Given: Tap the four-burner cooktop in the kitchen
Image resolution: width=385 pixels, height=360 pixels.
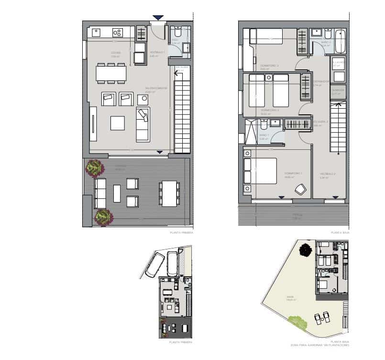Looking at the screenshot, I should (x=117, y=33).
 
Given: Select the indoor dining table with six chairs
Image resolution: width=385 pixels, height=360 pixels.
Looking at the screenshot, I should (x=111, y=73).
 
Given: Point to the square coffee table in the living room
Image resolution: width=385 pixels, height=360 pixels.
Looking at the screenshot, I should (x=117, y=123).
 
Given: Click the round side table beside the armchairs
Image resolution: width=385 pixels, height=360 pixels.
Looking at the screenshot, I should (x=142, y=99).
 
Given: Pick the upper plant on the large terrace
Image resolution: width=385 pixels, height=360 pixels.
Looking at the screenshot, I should (x=95, y=168).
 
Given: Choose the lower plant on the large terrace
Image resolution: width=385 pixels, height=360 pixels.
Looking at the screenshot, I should (x=103, y=217).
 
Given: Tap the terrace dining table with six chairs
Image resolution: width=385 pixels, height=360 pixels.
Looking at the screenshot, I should (x=170, y=193).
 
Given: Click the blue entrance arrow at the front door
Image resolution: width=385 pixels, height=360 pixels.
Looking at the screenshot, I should (x=158, y=18).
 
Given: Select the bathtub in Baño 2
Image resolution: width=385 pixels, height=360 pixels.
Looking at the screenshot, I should (x=340, y=42).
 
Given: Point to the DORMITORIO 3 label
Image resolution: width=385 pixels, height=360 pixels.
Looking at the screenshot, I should (x=270, y=66).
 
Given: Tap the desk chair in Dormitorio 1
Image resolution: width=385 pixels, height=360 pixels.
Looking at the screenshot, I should (x=300, y=189).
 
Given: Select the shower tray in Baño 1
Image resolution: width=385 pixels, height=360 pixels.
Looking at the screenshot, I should (x=251, y=132).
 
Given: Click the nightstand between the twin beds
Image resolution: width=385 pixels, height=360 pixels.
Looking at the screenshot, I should (x=269, y=77).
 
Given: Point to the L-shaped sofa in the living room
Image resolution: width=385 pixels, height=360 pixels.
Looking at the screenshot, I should (x=143, y=124).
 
